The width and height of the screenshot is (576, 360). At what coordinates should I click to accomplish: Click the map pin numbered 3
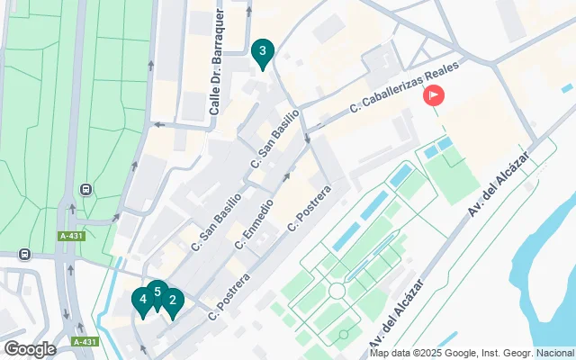tap(262, 52)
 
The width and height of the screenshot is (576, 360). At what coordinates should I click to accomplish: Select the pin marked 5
tap(157, 292)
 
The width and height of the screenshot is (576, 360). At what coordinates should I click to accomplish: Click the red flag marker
tap(434, 94)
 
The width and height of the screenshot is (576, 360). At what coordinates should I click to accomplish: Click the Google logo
tap(30, 349)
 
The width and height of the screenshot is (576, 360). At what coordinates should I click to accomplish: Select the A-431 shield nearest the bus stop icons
tap(71, 236)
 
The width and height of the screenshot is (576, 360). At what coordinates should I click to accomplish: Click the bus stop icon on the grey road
tap(23, 254)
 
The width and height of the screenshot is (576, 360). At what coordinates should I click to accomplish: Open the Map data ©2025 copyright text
tap(471, 353)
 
